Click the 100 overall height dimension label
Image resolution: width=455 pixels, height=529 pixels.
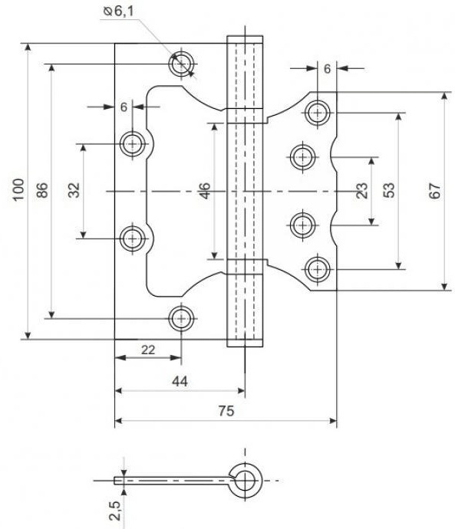[18, 189]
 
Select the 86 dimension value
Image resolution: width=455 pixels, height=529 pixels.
[42, 190]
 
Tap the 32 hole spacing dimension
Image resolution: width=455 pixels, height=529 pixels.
[74, 190]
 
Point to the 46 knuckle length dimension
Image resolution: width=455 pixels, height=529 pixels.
[205, 191]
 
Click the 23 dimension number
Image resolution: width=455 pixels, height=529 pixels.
[361, 191]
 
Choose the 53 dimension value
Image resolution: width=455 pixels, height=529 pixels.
[388, 190]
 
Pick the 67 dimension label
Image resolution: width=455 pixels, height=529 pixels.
[435, 191]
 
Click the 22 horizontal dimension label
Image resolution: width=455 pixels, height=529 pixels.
[148, 350]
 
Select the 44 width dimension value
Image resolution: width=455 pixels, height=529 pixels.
[180, 382]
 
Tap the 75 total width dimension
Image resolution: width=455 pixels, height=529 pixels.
[226, 411]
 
